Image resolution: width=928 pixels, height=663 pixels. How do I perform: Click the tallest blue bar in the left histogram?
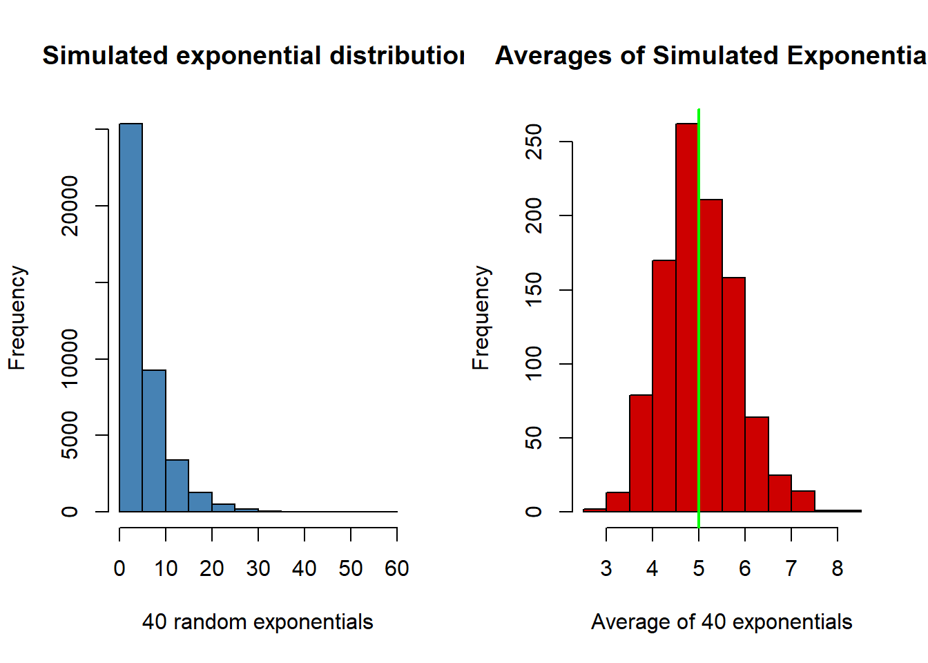131,318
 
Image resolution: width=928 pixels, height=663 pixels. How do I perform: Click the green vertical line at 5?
699,318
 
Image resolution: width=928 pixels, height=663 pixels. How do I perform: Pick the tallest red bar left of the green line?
687,318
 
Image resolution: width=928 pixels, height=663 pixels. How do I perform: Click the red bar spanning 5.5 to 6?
733,394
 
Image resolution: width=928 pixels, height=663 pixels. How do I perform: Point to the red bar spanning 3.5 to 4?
641,453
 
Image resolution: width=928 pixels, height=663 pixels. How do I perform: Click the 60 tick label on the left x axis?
397,568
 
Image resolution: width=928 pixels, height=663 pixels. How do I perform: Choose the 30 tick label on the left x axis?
258,568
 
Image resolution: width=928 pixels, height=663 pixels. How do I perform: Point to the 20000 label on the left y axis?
70,206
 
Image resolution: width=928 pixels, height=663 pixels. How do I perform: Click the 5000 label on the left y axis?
70,435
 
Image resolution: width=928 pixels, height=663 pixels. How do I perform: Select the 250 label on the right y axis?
534,142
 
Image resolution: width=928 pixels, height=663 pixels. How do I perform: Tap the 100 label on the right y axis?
534,364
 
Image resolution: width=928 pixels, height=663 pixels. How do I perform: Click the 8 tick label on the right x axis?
838,568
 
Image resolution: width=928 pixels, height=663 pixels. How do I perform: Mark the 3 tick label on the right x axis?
606,568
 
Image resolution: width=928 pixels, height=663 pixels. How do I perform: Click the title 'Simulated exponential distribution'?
253,56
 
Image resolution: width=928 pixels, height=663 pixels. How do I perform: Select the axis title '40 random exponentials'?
258,622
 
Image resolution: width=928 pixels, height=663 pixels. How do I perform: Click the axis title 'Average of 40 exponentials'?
722,622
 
